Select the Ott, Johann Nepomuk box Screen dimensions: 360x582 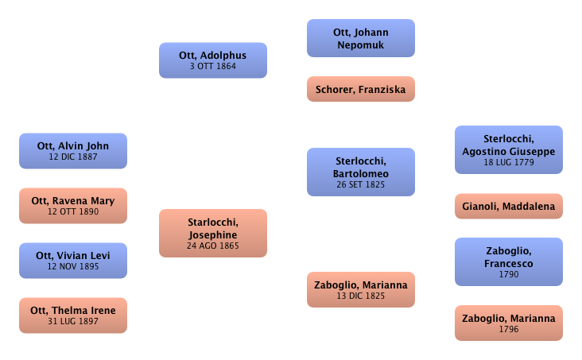(361, 38)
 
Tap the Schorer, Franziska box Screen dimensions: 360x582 (361, 90)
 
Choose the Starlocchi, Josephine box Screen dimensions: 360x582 (212, 234)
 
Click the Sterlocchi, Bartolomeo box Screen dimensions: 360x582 (361, 172)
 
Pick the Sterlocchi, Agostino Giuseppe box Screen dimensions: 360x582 (508, 149)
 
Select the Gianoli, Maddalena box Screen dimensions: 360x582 (508, 207)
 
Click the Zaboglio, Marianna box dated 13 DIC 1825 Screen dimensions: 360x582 (361, 290)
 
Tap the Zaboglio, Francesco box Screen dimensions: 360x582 (508, 261)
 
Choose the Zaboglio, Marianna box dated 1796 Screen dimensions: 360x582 (508, 323)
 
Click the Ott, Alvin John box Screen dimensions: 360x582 (72, 151)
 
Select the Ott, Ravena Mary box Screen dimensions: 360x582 (72, 206)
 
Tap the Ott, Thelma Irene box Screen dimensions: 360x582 (72, 315)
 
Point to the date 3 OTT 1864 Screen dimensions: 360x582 (212, 67)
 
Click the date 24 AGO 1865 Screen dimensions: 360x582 (212, 246)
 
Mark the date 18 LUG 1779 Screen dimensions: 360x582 (508, 162)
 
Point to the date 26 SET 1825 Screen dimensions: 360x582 (361, 185)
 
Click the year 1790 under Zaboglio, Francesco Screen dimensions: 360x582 (508, 274)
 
